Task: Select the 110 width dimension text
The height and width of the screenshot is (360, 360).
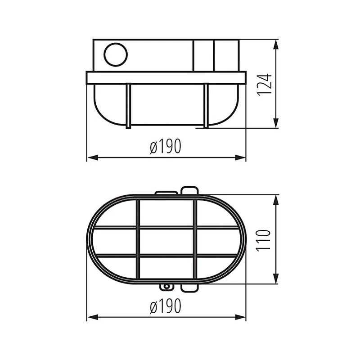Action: click(x=265, y=239)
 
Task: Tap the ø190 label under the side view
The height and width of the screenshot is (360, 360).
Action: click(x=166, y=147)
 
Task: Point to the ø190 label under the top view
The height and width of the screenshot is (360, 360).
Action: click(x=166, y=306)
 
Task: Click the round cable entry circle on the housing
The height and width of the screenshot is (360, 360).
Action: click(x=116, y=55)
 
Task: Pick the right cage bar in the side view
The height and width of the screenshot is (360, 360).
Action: click(x=206, y=105)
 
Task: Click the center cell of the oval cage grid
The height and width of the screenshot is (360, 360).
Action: click(x=166, y=241)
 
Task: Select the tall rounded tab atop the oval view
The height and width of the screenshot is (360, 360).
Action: click(x=189, y=191)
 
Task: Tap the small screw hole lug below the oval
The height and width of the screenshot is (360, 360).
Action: click(x=166, y=287)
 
